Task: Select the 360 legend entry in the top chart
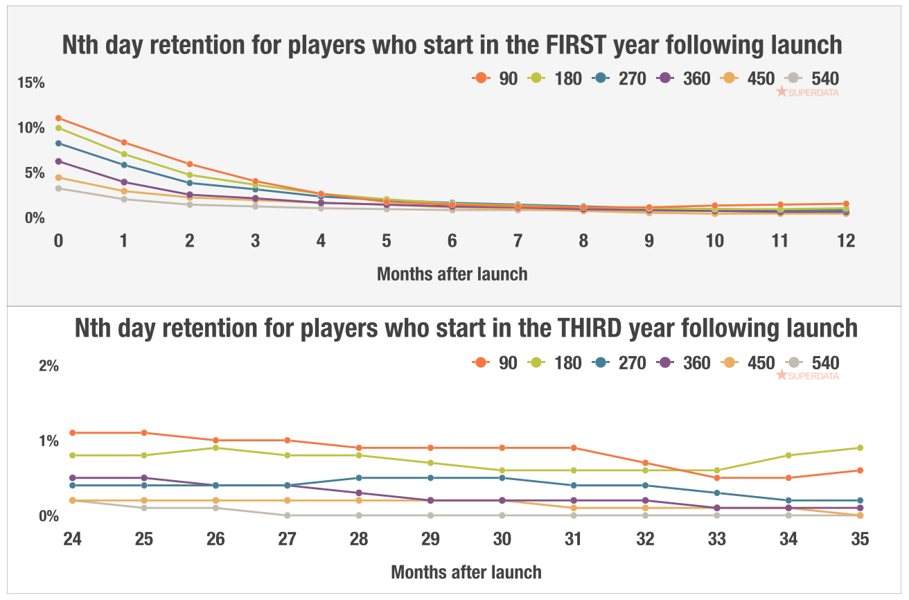[x=683, y=78]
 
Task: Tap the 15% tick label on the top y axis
[x=31, y=83]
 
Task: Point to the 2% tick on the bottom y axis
[x=48, y=366]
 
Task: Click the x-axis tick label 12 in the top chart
[x=845, y=240]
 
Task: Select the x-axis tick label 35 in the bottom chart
[x=859, y=538]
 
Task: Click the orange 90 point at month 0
[x=58, y=118]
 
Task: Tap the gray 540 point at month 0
[x=58, y=188]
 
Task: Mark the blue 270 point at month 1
[x=124, y=165]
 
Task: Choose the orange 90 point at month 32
[x=645, y=463]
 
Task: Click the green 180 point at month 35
[x=859, y=448]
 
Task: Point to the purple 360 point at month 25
[x=144, y=478]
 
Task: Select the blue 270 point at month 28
[x=359, y=478]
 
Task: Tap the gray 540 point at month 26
[x=215, y=508]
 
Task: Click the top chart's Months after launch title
[x=452, y=274]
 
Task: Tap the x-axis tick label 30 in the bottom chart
[x=502, y=538]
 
